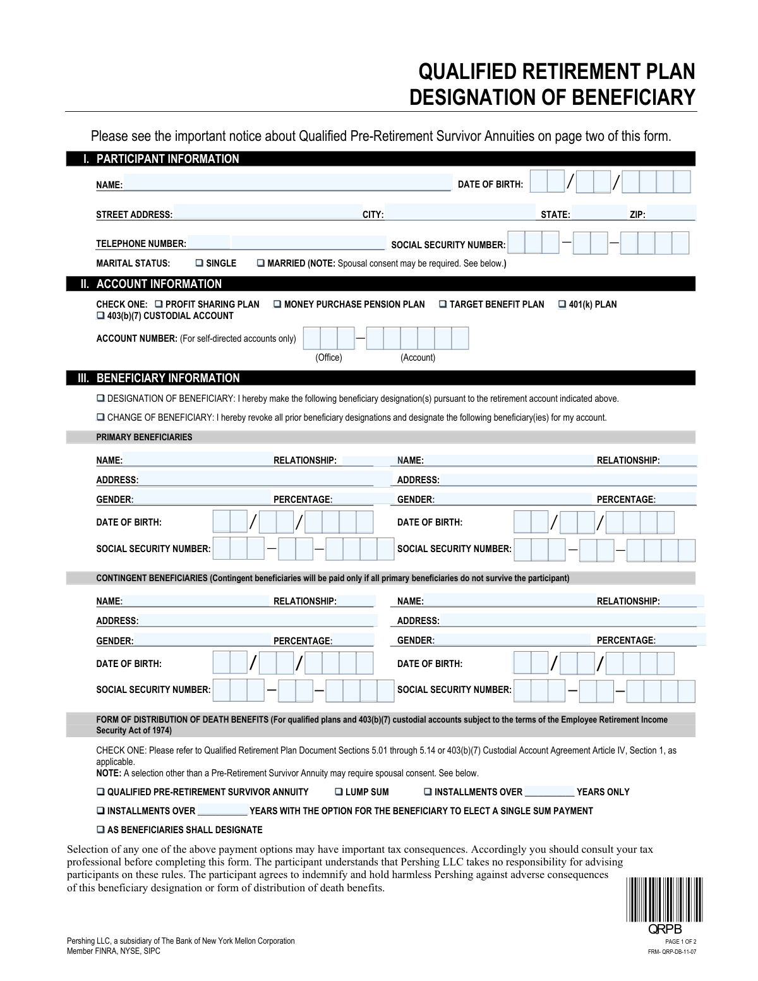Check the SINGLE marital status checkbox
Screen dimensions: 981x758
pyautogui.click(x=199, y=263)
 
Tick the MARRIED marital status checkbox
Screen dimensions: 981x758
pyautogui.click(x=261, y=263)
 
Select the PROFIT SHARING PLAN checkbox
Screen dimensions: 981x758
pyautogui.click(x=159, y=304)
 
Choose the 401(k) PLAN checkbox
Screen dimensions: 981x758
pyautogui.click(x=562, y=304)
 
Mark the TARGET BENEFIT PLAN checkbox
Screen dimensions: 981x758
pyautogui.click(x=443, y=304)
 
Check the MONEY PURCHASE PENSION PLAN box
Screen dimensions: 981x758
pyautogui.click(x=277, y=304)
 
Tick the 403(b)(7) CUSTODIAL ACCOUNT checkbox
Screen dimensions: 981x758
pyautogui.click(x=100, y=316)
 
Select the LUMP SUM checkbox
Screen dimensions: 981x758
pyautogui.click(x=339, y=792)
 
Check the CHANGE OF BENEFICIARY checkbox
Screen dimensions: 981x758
pyautogui.click(x=100, y=418)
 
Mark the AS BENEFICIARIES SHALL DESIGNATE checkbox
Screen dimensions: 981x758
pyautogui.click(x=100, y=830)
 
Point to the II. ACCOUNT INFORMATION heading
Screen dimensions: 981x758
pyautogui.click(x=159, y=284)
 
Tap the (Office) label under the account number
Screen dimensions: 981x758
pyautogui.click(x=328, y=358)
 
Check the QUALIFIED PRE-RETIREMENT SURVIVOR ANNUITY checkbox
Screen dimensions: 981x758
pyautogui.click(x=100, y=792)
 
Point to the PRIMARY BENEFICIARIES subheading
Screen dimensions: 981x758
pyautogui.click(x=144, y=437)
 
